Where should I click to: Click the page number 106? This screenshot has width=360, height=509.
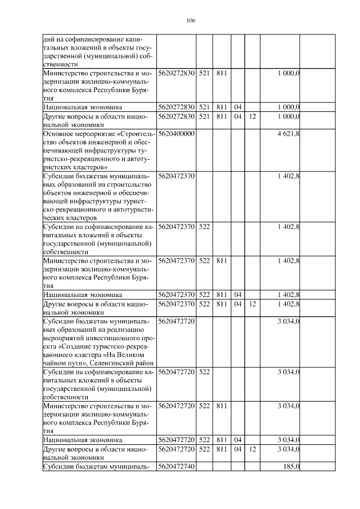coord(190,21)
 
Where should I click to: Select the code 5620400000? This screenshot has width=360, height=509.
coord(176,134)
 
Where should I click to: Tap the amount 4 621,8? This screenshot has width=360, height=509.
coord(288,134)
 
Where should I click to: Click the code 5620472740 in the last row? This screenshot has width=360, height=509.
coord(176,466)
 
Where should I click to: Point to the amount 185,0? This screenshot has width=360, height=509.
coord(291,466)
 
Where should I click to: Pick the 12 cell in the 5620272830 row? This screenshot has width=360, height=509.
coord(253,116)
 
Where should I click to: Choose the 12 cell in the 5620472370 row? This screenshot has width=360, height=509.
coord(253,304)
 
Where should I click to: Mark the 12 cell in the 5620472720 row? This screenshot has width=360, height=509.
coord(253,449)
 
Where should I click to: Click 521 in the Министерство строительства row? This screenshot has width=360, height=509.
coord(204,73)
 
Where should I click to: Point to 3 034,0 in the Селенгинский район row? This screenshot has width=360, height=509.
coord(288,321)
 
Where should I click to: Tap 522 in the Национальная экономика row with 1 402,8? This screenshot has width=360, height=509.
coord(204,294)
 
